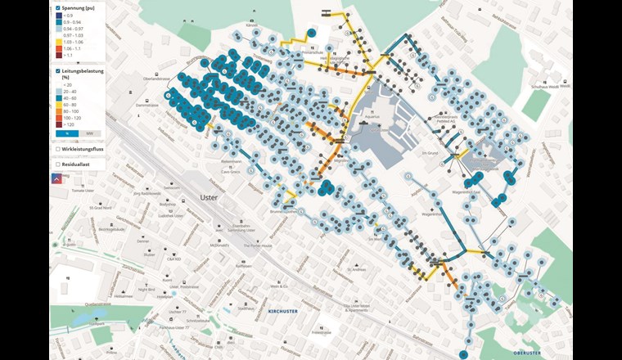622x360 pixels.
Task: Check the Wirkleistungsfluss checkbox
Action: click(57, 149)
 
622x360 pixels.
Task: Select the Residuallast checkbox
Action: click(57, 164)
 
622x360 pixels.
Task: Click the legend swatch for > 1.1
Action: click(58, 56)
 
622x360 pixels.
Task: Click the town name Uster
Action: click(209, 197)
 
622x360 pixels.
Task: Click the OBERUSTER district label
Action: click(550, 353)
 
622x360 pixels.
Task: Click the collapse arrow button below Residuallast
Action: click(57, 178)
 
